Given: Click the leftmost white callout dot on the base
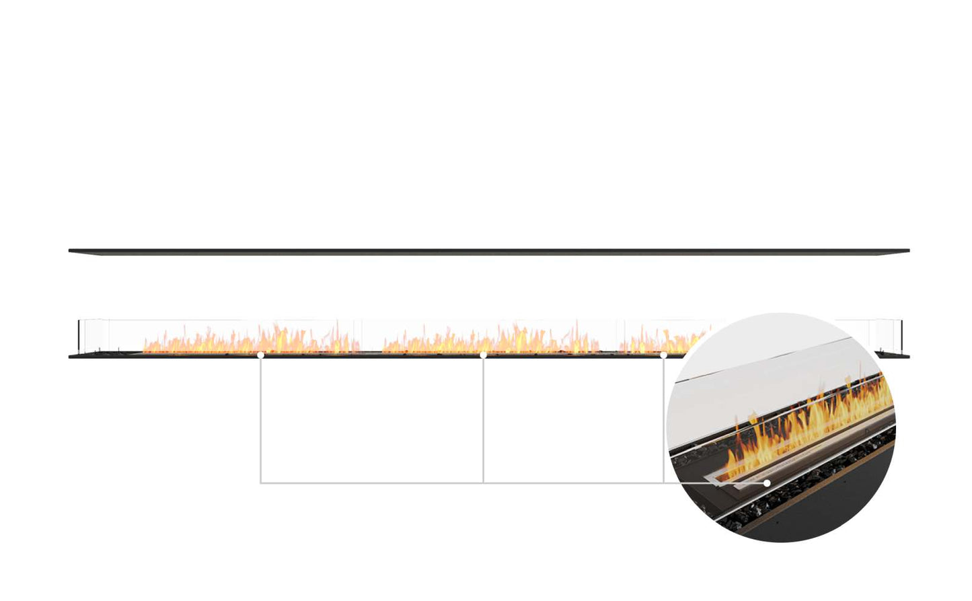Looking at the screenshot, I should [260, 354].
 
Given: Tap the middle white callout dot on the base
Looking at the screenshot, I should [483, 354].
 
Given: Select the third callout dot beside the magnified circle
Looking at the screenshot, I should [663, 354].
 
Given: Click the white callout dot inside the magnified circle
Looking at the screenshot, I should [767, 483].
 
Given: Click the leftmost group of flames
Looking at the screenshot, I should [249, 342].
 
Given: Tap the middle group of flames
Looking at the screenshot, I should [491, 342].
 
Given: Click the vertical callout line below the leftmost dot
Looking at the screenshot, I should [260, 417].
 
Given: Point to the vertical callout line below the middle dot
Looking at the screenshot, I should [483, 417].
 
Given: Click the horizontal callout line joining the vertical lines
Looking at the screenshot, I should [370, 483].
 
